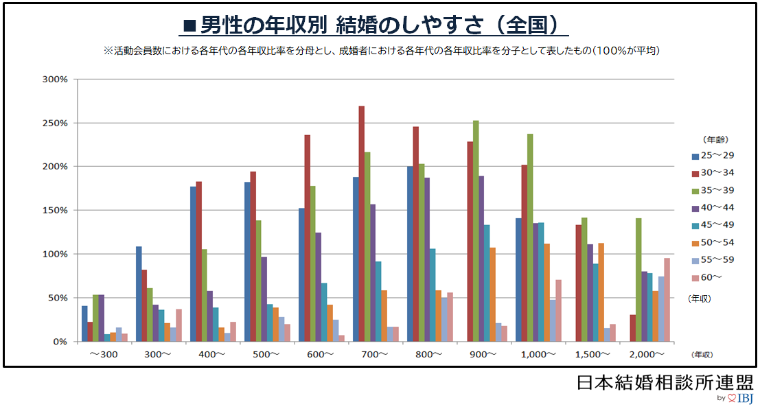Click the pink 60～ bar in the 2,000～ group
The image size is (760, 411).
coord(666,300)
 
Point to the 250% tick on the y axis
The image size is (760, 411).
coord(55,123)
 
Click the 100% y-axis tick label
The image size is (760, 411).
coord(55,254)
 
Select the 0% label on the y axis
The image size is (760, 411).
coord(60,341)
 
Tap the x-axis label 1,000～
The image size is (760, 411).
coord(538,354)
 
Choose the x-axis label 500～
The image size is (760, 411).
coord(266,354)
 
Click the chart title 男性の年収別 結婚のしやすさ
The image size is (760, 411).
coord(375,25)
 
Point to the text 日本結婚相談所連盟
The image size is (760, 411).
coord(665,381)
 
